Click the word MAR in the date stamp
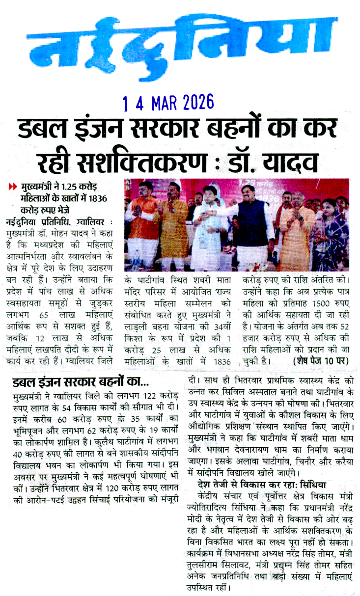(162, 103)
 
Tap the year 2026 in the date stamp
(196, 103)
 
